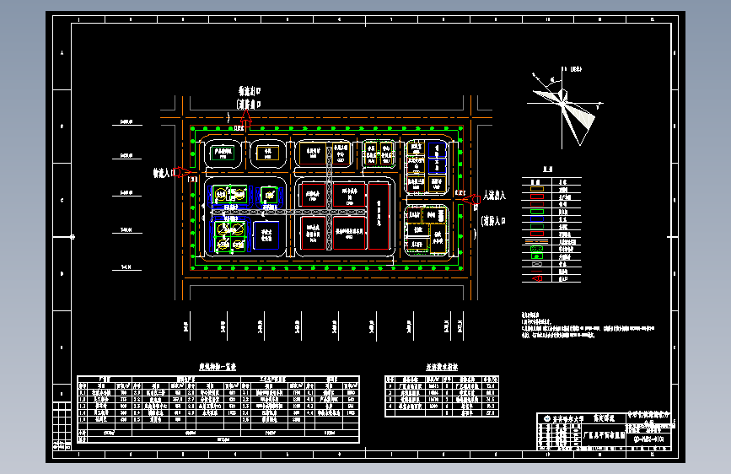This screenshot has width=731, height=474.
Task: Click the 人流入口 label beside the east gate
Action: pos(492,196)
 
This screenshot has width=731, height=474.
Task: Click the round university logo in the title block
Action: pos(546,418)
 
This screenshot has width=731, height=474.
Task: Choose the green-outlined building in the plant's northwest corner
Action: pos(223,153)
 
